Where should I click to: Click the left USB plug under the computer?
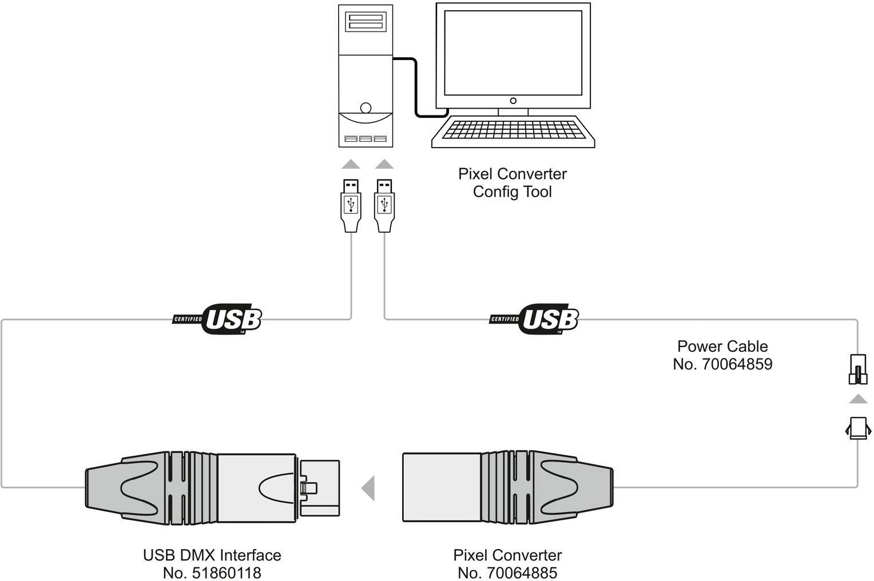351,205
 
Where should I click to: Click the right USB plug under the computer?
384,205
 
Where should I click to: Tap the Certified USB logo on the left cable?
218,319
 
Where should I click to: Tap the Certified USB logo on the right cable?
535,319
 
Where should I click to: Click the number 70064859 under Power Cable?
737,364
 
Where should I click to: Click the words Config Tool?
512,191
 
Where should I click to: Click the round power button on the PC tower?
366,107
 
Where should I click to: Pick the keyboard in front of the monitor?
513,132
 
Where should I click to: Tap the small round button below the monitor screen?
513,101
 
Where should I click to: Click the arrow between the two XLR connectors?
369,488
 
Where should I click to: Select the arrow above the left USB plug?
351,165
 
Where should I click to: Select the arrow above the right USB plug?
384,165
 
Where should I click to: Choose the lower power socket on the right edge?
857,428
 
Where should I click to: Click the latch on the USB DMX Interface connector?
309,488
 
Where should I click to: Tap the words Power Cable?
722,347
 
